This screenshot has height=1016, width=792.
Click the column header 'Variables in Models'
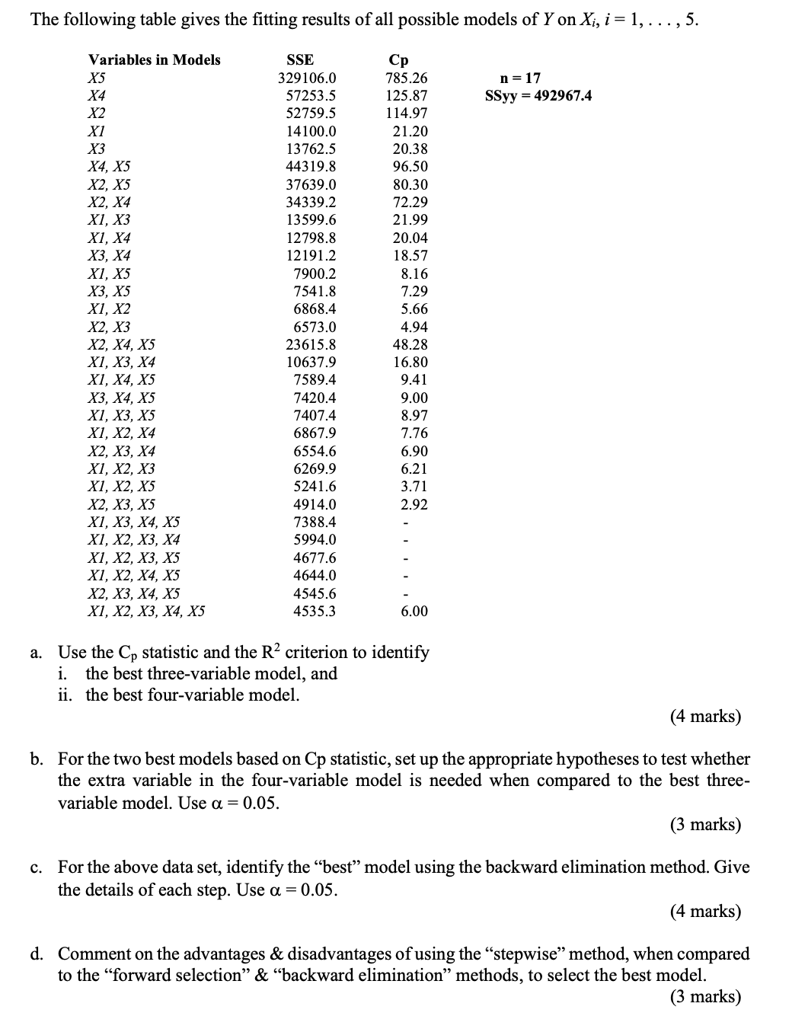(x=154, y=59)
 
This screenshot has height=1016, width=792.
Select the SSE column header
(x=299, y=59)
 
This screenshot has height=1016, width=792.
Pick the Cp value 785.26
(x=407, y=78)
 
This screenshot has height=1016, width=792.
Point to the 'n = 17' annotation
(x=520, y=78)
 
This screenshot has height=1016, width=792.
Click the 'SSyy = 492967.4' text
(x=538, y=95)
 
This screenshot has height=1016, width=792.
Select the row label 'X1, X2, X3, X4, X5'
(x=146, y=611)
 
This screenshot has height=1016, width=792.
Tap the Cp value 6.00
(x=414, y=611)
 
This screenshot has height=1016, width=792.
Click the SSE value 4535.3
(x=315, y=611)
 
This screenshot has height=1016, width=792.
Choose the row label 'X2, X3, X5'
(x=122, y=504)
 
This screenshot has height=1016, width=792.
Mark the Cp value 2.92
(x=414, y=504)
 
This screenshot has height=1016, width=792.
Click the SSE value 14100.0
(x=311, y=131)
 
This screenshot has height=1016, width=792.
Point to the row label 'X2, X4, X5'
(x=122, y=344)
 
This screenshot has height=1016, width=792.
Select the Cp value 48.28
(x=410, y=344)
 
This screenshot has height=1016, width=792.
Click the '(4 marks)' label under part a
(x=705, y=716)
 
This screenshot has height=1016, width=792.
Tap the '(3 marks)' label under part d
(x=705, y=996)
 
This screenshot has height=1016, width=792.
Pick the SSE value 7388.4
(x=315, y=522)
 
